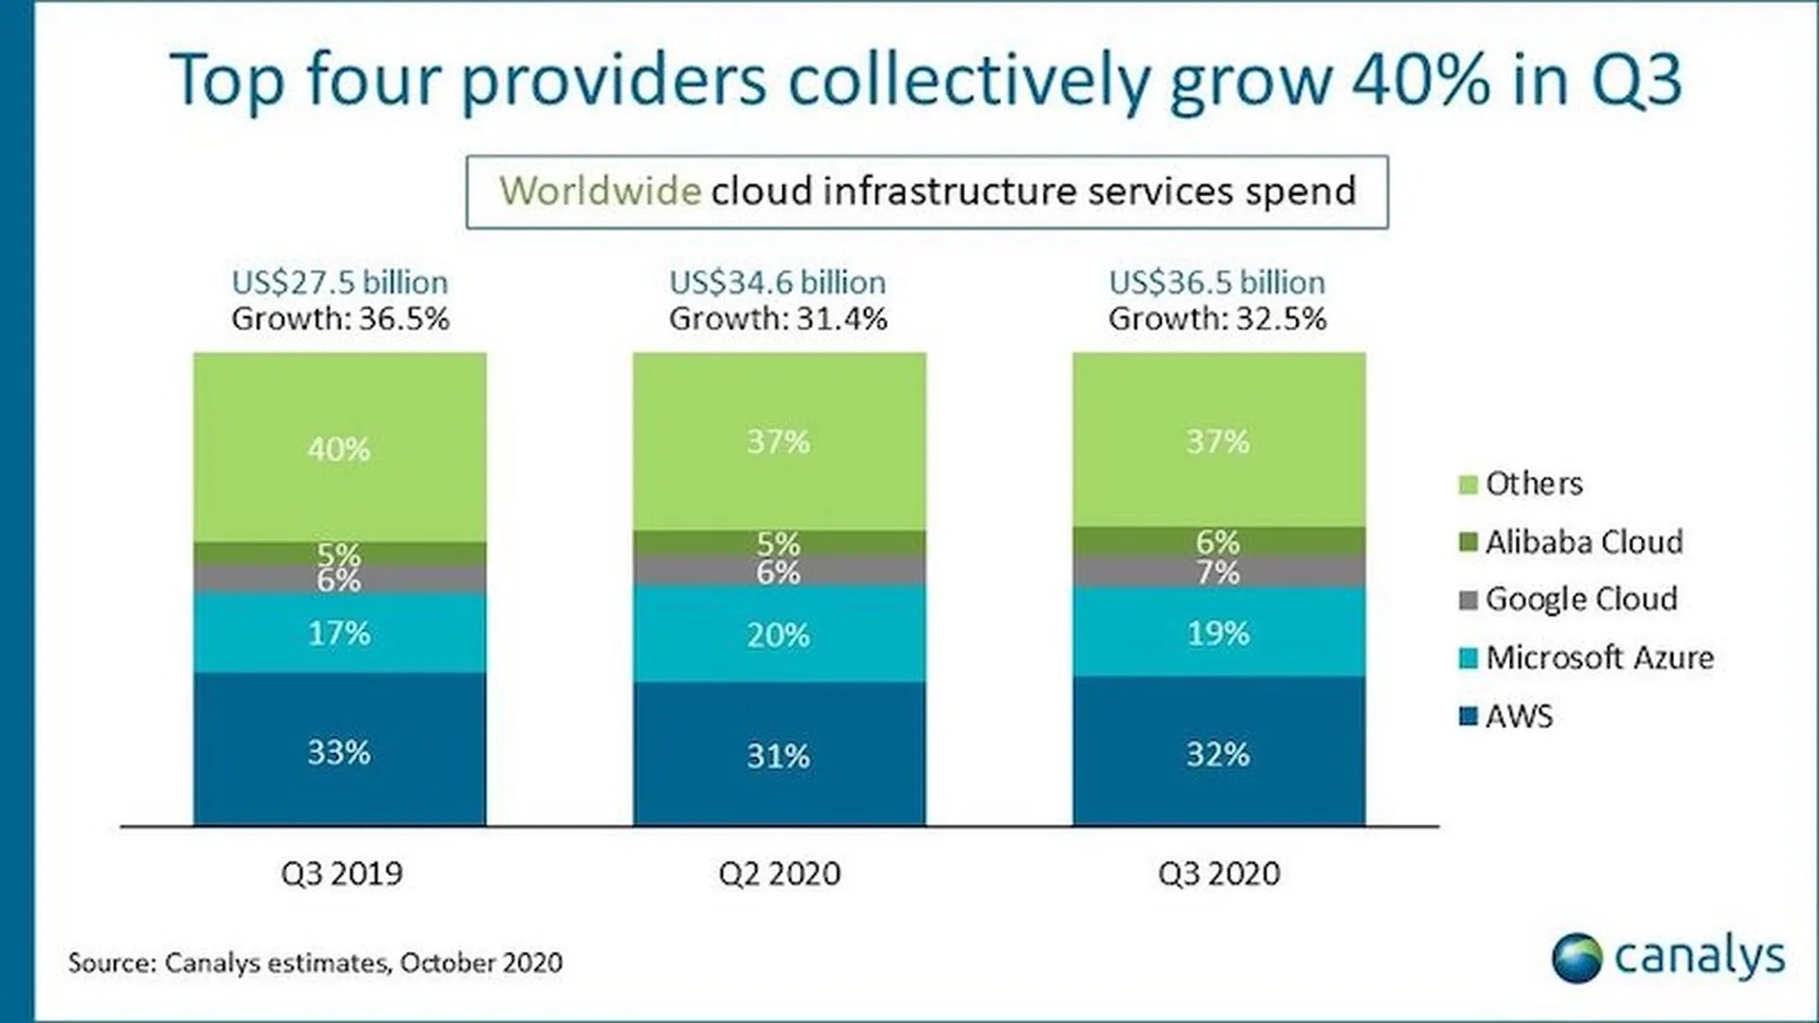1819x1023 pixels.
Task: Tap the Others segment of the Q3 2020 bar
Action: tap(1218, 440)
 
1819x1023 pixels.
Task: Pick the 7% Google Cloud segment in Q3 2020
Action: tap(1218, 572)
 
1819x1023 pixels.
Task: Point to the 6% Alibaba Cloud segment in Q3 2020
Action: tap(1218, 541)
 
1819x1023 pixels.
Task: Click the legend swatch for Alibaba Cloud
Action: tap(1468, 543)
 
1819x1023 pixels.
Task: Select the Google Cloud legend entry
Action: tap(1580, 599)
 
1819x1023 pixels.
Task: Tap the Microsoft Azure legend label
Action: tap(1599, 657)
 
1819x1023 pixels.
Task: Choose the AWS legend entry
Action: tap(1519, 716)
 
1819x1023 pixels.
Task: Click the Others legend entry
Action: tap(1533, 484)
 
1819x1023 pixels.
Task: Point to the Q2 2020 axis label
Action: tap(779, 872)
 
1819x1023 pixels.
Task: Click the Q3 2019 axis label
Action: tap(341, 872)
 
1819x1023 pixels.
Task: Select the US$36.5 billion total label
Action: tap(1216, 282)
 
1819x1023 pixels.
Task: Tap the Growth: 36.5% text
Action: tap(340, 319)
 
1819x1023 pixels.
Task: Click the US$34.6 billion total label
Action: tap(777, 282)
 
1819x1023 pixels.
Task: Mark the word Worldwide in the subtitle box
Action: tap(600, 191)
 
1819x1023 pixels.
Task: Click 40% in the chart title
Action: tap(1420, 80)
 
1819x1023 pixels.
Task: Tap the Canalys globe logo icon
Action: tap(1576, 958)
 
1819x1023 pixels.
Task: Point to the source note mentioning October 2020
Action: tap(315, 962)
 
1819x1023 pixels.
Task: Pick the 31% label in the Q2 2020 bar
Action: tap(779, 756)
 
